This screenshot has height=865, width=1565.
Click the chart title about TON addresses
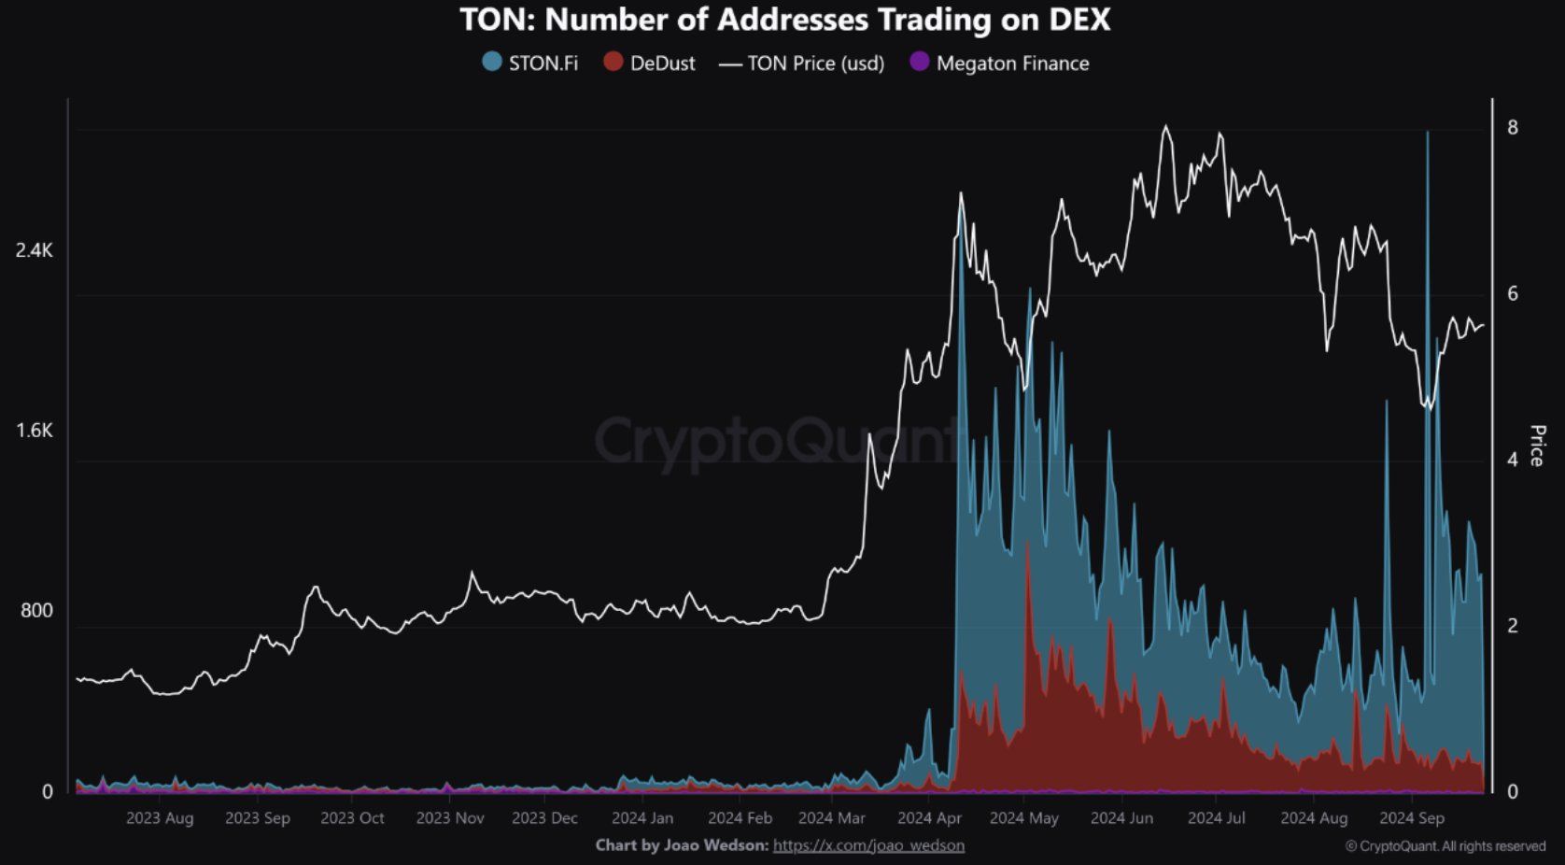[784, 20]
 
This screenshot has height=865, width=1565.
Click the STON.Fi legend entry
[530, 64]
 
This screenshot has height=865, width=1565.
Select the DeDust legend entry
[650, 64]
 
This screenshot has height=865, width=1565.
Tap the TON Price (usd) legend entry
[802, 64]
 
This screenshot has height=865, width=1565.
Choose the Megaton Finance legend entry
[999, 64]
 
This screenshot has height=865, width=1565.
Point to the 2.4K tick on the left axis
[35, 250]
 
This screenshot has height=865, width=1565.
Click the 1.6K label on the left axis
[35, 431]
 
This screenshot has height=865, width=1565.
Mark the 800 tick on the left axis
[36, 611]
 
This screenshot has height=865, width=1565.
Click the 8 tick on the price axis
[1513, 128]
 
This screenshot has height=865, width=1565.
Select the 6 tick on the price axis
[1513, 294]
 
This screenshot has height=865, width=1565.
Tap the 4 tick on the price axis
[1513, 460]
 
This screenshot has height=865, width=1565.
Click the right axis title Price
[1536, 446]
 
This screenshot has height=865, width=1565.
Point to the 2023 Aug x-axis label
[160, 818]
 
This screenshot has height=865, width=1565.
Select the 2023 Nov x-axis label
[450, 818]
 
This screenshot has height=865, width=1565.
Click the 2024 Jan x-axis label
[642, 818]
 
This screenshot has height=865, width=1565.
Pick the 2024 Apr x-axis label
[929, 818]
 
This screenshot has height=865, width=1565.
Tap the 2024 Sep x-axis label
[1412, 818]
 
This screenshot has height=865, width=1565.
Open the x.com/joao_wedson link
[868, 845]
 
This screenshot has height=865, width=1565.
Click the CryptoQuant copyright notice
[1445, 846]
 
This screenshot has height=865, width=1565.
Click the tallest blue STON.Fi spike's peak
[1427, 134]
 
